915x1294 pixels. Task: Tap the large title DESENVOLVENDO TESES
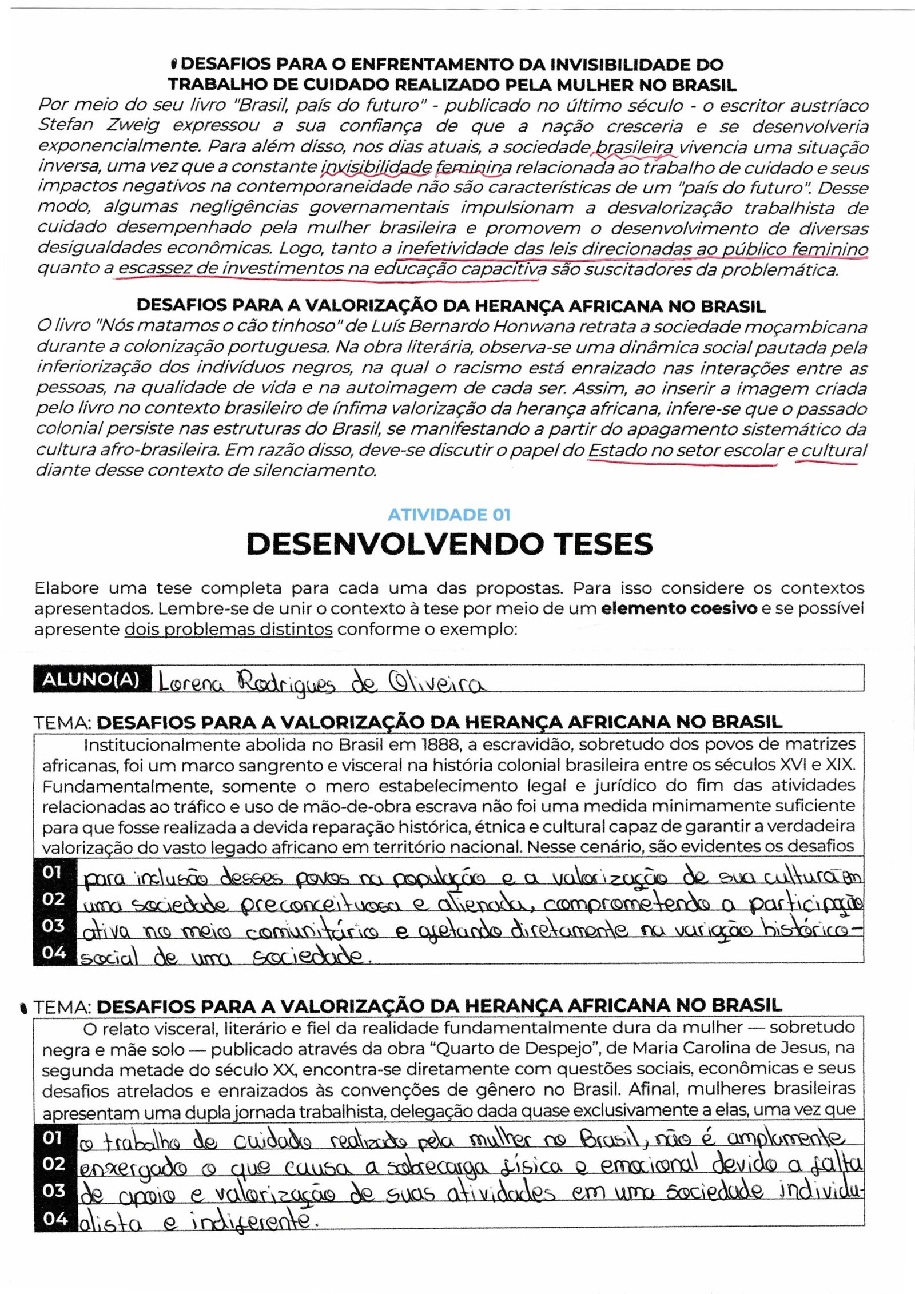coord(449,544)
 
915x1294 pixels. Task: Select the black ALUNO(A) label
coord(91,679)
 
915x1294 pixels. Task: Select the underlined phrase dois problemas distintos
coord(229,630)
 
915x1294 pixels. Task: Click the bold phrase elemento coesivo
coord(679,608)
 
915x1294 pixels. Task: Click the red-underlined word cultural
coord(834,450)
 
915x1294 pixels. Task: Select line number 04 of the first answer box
coord(54,953)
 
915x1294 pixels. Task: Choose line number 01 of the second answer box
coord(54,1154)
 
